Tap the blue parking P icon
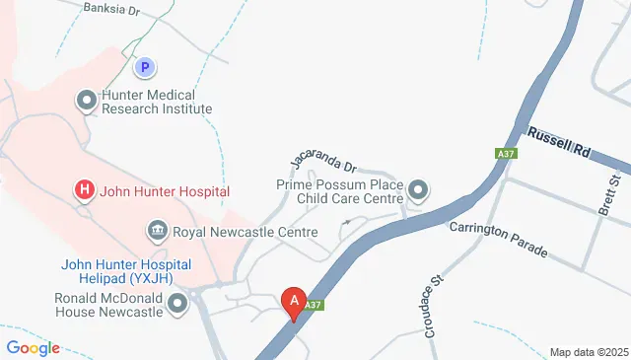146,67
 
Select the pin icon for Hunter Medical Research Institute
87,100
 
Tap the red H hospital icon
86,190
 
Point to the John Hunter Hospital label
166,190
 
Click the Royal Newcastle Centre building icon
157,233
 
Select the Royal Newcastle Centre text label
245,233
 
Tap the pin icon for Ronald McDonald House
177,305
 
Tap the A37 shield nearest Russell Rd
506,154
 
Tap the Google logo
32,347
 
